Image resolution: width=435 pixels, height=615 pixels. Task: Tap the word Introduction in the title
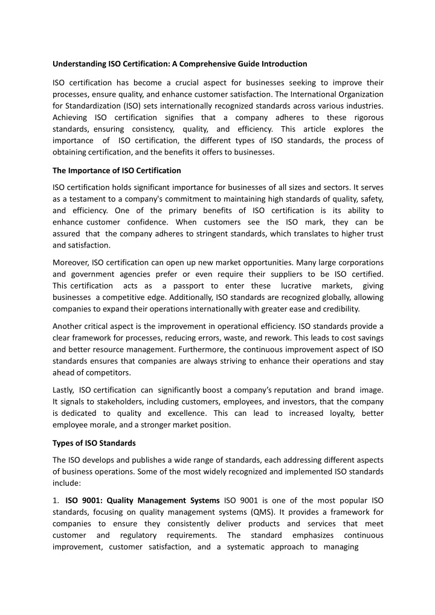pyautogui.click(x=283, y=63)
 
